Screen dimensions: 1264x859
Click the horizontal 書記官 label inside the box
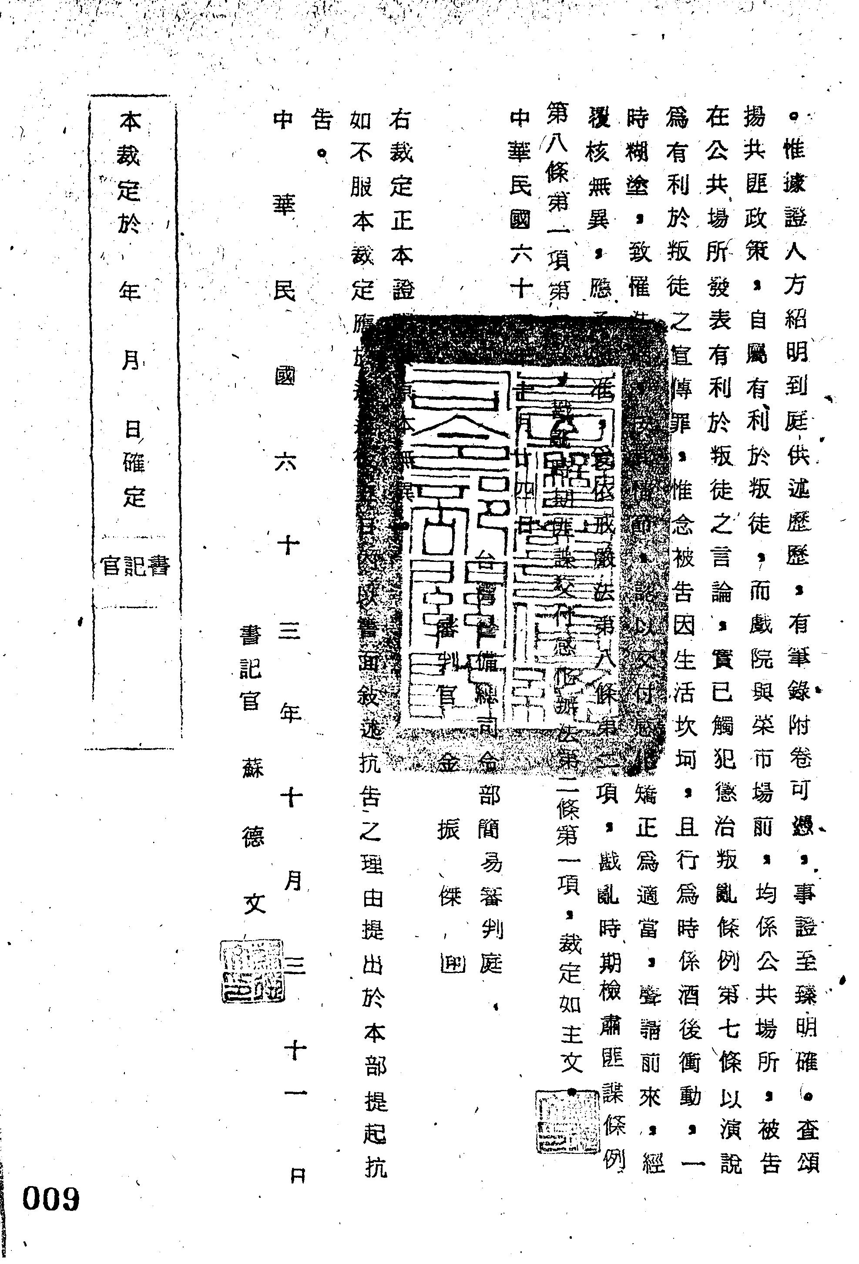135,566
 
